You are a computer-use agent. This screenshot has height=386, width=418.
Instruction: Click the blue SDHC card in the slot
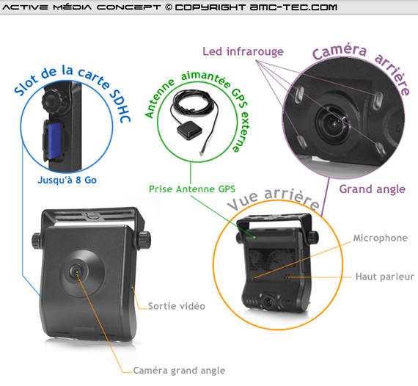pos(55,139)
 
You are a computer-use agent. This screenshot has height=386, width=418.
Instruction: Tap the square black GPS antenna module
pos(189,130)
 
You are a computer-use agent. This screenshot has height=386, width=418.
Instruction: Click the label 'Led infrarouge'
pos(243,51)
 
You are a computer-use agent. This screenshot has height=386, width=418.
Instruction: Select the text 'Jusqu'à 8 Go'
pos(67,180)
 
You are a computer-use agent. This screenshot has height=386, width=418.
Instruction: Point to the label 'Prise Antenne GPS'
pos(192,189)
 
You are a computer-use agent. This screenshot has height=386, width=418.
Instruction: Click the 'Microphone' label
pos(381,238)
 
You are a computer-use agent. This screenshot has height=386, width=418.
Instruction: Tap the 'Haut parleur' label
pos(385,277)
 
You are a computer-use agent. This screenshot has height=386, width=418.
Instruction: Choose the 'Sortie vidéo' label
pos(177,306)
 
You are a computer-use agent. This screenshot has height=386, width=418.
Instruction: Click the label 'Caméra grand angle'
pos(179,371)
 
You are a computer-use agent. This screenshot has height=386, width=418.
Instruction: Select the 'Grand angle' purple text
pos(372,189)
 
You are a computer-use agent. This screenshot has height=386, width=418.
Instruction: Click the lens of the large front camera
pos(76,272)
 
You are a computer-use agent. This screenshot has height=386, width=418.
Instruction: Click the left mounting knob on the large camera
pos(37,241)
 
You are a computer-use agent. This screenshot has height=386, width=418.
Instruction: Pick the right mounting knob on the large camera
pos(144,241)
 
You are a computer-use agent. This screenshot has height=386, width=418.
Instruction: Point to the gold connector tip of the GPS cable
pos(200,153)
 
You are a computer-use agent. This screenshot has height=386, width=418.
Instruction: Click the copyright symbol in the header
pos(168,7)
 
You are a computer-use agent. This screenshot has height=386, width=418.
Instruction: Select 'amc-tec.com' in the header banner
pos(293,7)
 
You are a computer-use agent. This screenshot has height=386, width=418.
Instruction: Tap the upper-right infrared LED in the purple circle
pos(377,101)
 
